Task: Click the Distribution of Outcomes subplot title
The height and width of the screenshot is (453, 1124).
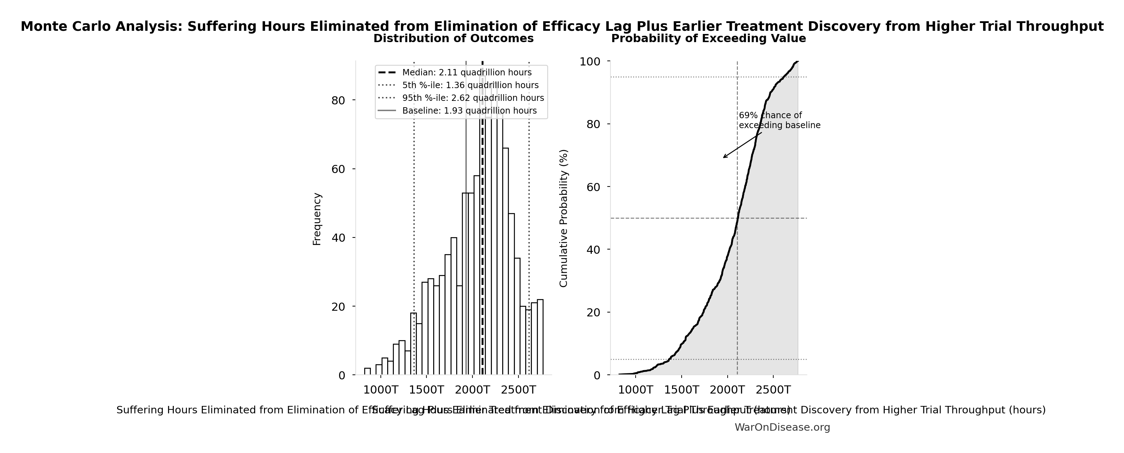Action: [453, 39]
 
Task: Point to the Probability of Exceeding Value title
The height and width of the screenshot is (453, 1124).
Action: [708, 39]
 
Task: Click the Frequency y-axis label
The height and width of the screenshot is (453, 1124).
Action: [317, 219]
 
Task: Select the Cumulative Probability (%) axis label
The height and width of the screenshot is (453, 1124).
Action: [563, 218]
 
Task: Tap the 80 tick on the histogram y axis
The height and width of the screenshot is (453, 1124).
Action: [338, 101]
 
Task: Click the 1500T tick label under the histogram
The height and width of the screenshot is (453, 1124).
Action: [426, 390]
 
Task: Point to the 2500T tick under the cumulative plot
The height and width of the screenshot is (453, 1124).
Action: [774, 390]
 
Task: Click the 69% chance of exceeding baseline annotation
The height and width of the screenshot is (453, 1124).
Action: [779, 120]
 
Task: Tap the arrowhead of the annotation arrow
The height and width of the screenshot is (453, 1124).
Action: [724, 157]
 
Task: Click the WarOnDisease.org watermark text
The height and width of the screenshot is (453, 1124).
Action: [782, 428]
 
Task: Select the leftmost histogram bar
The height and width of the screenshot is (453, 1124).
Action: [367, 371]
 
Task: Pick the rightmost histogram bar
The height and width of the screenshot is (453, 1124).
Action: [540, 337]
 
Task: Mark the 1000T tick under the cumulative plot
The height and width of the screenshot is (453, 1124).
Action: [635, 390]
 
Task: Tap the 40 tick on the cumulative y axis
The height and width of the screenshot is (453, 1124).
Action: [592, 250]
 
